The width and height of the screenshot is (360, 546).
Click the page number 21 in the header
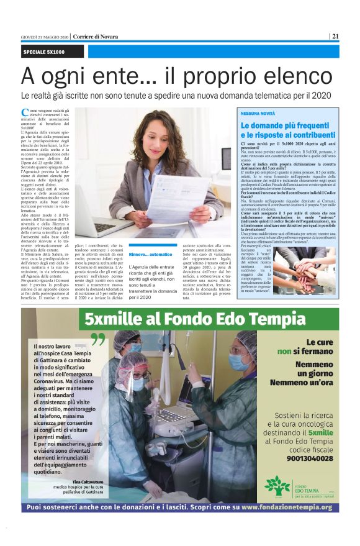(335, 36)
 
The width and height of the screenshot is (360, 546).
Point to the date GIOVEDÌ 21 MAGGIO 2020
(44, 37)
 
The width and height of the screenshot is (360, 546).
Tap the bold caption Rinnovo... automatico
(150, 254)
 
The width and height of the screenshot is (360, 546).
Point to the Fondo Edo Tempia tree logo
(277, 486)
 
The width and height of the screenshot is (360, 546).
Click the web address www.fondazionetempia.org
(286, 507)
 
